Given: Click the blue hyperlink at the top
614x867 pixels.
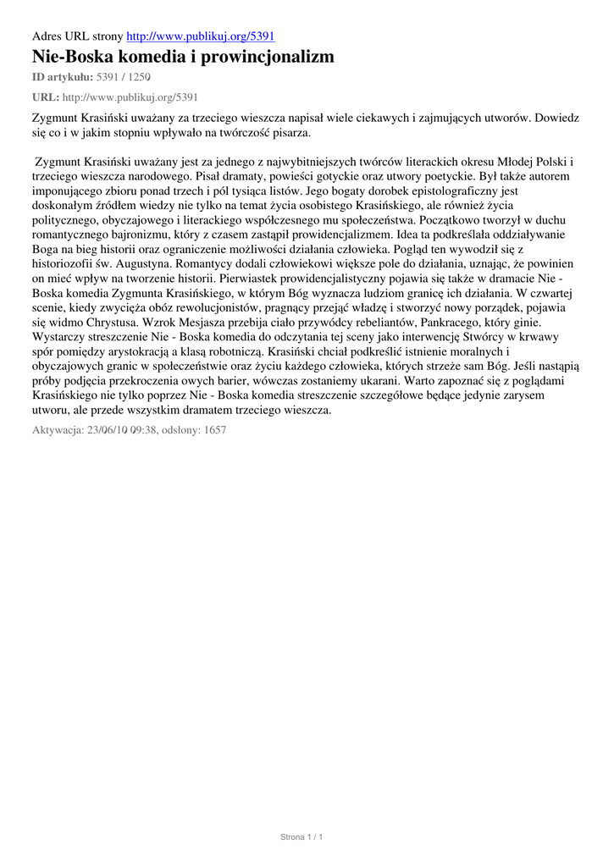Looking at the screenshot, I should coord(200,36).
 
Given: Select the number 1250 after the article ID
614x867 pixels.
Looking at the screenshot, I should coord(140,77).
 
